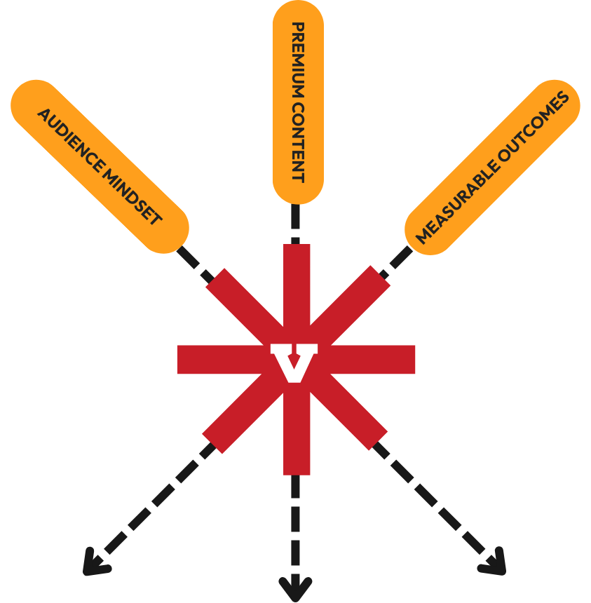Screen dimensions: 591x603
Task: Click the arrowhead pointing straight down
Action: point(295,585)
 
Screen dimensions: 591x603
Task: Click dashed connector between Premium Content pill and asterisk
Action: point(295,224)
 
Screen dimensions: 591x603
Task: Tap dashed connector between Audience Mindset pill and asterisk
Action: point(196,262)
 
